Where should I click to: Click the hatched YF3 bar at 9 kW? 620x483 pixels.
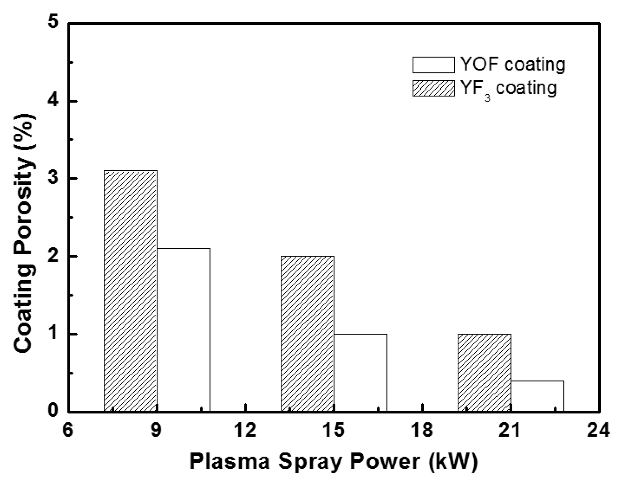coord(131,291)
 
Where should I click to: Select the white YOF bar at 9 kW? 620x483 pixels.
coord(183,330)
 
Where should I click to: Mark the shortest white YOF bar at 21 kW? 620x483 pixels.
coord(537,396)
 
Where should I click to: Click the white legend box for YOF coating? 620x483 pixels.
coord(433,65)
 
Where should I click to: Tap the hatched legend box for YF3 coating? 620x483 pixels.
coord(433,88)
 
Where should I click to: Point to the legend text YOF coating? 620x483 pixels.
coord(513,64)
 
